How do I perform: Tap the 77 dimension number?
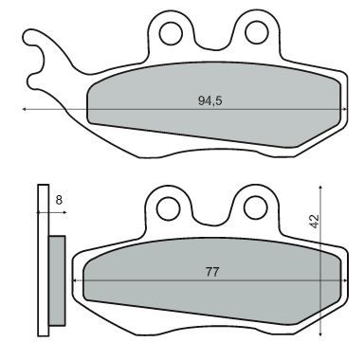(213, 271)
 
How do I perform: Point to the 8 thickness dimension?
(59, 200)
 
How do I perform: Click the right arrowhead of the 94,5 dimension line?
(342, 110)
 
